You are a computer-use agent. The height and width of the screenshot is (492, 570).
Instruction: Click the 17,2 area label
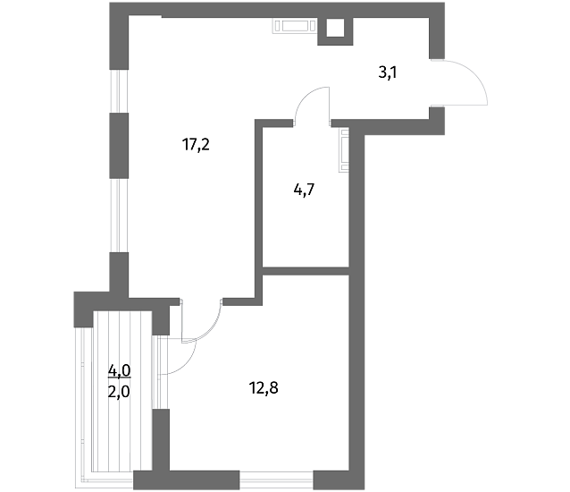tap(196, 145)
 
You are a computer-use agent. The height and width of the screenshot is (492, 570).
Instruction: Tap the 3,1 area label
tap(388, 72)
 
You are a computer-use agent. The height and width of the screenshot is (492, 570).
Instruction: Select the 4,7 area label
tap(304, 190)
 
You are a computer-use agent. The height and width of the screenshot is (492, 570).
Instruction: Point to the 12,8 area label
tap(264, 388)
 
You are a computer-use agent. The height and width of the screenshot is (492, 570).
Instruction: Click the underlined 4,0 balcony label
tap(119, 371)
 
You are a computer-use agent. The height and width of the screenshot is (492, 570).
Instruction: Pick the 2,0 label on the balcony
tap(119, 393)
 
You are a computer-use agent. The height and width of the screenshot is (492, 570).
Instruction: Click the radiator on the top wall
tap(295, 26)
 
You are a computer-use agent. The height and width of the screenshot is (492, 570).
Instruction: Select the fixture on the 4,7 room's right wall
tap(344, 149)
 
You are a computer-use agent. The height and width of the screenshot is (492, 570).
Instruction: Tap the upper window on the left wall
tap(119, 91)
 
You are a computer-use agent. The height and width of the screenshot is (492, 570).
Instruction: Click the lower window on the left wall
tap(119, 216)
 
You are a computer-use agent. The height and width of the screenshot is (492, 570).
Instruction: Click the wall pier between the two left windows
tap(119, 146)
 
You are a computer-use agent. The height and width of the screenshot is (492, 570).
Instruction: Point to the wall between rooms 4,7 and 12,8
tap(306, 271)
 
